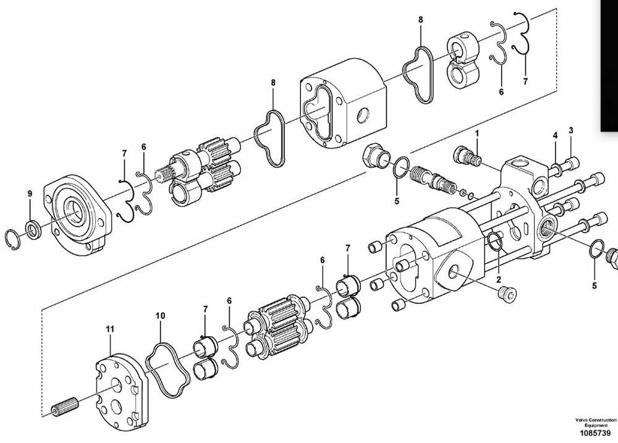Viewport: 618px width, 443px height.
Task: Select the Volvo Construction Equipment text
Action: tap(596, 423)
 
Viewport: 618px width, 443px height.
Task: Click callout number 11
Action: tap(110, 329)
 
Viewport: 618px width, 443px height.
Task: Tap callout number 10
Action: tap(161, 316)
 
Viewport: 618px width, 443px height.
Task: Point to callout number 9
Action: tap(30, 193)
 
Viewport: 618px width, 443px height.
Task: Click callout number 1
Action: tap(477, 133)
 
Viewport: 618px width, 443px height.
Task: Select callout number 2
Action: tap(499, 280)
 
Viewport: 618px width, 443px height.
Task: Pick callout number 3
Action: tap(571, 130)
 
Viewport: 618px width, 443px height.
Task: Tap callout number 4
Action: tap(556, 135)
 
